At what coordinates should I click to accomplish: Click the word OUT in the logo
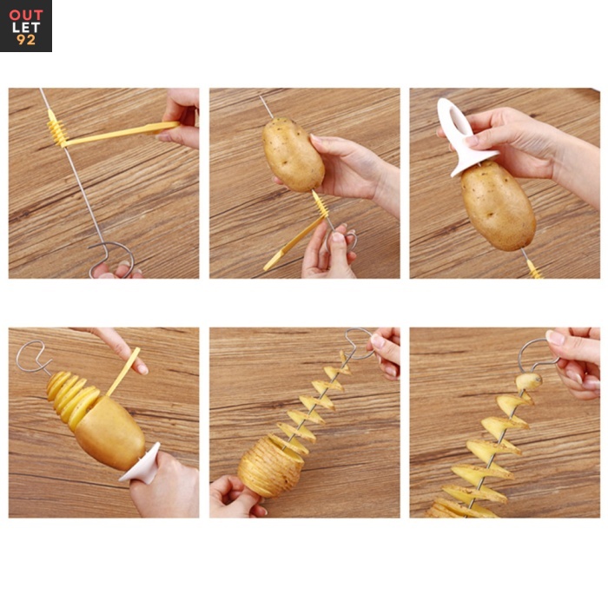26,15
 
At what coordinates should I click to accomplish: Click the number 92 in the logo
26,40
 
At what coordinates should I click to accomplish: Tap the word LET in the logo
26,28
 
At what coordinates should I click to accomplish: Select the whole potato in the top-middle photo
294,155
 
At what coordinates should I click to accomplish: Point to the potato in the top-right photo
499,205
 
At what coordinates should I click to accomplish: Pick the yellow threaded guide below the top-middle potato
321,203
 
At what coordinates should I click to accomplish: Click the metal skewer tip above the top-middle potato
267,107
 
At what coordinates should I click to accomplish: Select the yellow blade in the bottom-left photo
123,372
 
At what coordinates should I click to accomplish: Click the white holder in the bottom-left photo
141,463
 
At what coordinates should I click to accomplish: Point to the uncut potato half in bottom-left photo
110,433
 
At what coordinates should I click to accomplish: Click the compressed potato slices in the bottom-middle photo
270,466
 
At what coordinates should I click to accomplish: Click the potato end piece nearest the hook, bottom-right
529,381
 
